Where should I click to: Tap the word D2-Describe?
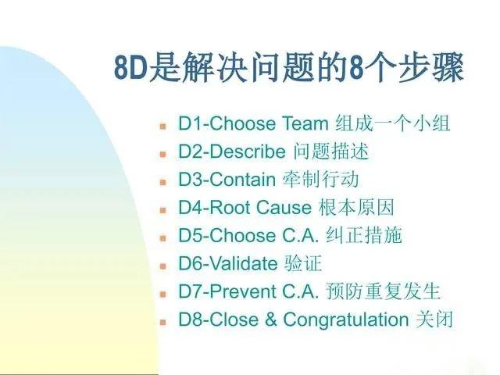pos(232,152)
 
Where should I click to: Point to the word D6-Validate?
pos(227,263)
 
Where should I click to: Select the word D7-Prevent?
pos(227,291)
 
